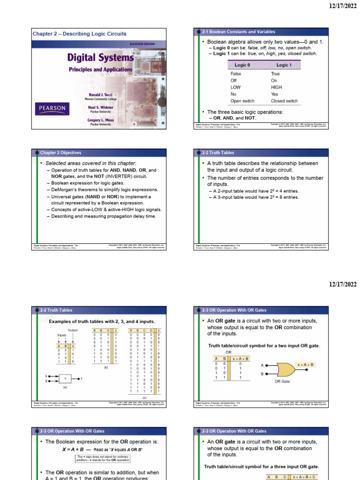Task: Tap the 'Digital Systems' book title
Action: tap(100, 58)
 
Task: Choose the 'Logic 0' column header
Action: tap(242, 65)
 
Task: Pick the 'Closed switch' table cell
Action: tap(284, 101)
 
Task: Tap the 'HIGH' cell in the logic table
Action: tap(277, 87)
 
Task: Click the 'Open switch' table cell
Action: tap(242, 101)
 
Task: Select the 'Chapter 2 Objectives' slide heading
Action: tap(60, 153)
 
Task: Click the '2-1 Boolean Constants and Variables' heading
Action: tap(239, 32)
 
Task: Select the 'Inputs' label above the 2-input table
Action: tap(62, 336)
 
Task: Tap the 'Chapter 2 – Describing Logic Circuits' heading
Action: tap(79, 34)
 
